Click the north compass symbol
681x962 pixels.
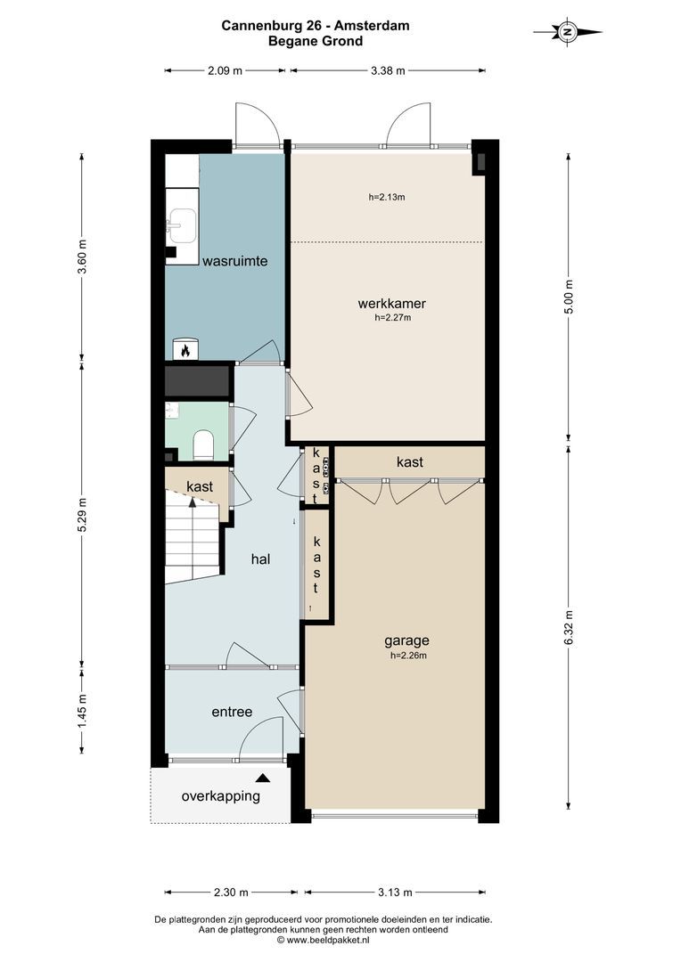[x=568, y=32]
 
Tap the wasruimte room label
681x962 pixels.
[x=235, y=261]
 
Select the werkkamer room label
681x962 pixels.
[x=392, y=303]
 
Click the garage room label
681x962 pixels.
[x=406, y=640]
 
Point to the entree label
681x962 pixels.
[x=232, y=712]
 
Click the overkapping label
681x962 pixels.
[x=220, y=796]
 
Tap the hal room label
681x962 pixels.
[x=260, y=558]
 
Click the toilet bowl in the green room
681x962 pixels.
[x=202, y=444]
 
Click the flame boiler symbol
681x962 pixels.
[x=185, y=350]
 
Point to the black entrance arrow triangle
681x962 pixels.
[x=263, y=778]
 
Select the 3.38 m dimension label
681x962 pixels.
[x=388, y=70]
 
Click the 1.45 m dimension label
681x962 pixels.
[x=82, y=710]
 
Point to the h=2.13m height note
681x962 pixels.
[x=386, y=197]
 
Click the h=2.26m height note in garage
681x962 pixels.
[x=408, y=656]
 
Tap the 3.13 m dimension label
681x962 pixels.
[x=395, y=892]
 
